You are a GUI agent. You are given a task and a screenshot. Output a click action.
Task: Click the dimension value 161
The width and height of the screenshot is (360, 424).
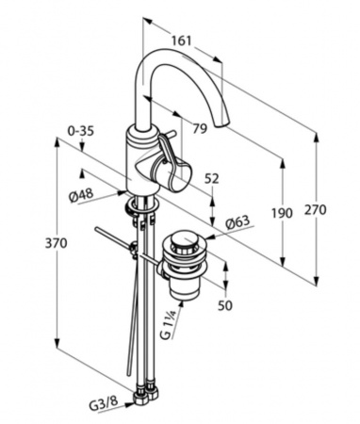click(x=181, y=40)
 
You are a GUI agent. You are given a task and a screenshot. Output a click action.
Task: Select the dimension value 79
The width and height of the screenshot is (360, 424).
click(x=200, y=128)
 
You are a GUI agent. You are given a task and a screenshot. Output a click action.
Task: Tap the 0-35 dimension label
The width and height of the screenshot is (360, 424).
click(x=81, y=131)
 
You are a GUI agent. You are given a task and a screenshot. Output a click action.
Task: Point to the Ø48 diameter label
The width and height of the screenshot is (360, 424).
click(x=81, y=196)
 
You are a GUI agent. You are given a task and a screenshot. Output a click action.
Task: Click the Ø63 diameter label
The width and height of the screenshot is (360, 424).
click(x=237, y=222)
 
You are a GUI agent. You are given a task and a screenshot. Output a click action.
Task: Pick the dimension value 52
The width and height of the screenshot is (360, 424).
click(x=212, y=179)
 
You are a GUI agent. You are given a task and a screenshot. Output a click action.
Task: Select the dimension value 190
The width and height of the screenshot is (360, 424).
click(x=282, y=213)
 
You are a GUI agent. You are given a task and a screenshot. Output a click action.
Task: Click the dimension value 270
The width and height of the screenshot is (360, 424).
click(x=315, y=209)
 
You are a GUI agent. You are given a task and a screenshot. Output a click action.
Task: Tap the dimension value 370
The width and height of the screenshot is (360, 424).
click(x=57, y=243)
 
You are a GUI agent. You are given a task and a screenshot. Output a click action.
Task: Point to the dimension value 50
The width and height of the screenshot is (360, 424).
click(x=225, y=305)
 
